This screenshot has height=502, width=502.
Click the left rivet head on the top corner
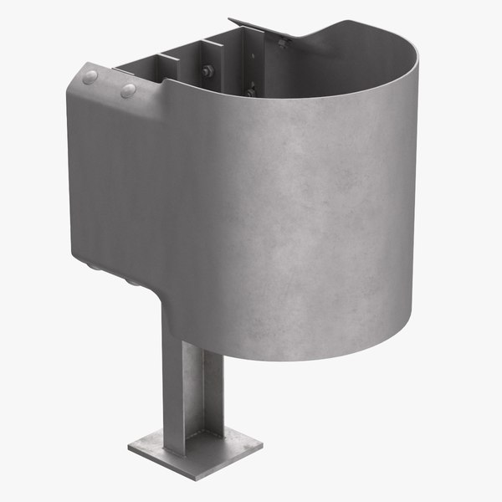[90, 77]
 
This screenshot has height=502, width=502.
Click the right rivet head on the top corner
[128, 90]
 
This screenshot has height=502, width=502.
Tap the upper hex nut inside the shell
[207, 71]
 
